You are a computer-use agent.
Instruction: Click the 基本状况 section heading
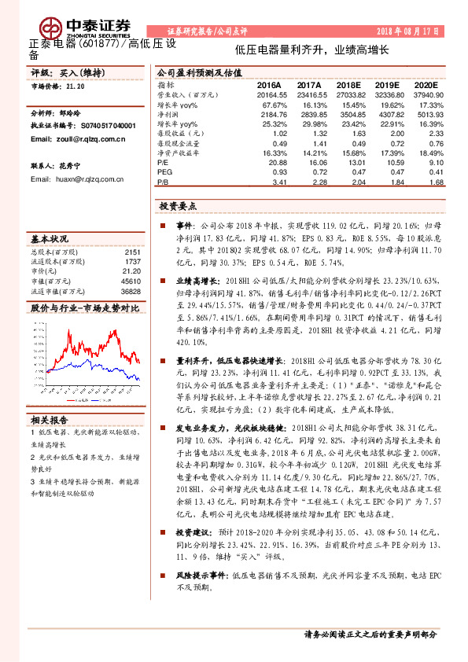coord(50,238)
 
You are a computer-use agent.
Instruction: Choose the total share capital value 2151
coord(132,252)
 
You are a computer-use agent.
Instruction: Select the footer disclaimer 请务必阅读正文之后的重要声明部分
coord(370,634)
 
